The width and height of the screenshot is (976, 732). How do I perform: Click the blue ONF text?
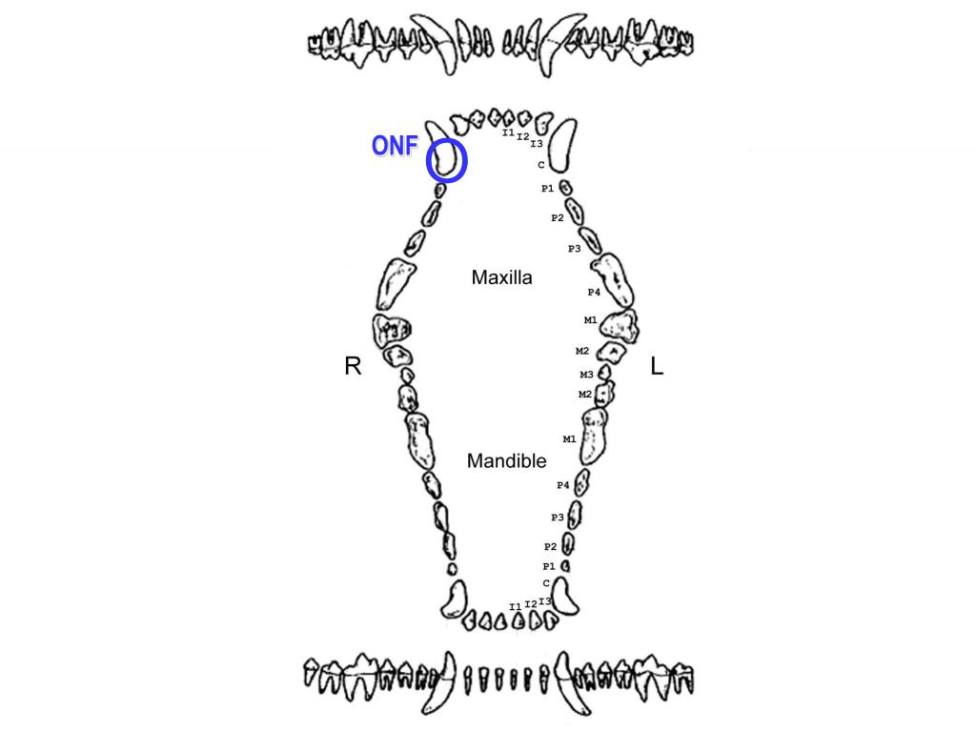click(395, 146)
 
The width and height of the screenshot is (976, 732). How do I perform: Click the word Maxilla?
click(501, 278)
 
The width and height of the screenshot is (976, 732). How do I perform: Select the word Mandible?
click(506, 461)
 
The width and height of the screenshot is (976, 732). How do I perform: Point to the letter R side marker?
click(353, 366)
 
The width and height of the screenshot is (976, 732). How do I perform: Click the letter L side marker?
click(657, 366)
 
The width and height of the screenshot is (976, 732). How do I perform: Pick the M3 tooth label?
click(586, 375)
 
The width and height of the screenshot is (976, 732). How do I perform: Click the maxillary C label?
click(541, 165)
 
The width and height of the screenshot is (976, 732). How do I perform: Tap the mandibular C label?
click(546, 582)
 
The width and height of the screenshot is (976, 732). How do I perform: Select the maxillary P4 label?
click(594, 292)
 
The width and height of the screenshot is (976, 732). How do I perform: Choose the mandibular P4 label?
click(563, 485)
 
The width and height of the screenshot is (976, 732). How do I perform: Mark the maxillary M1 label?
click(590, 320)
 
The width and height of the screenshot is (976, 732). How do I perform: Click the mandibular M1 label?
click(569, 439)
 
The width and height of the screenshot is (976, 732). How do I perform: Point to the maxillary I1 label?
click(508, 132)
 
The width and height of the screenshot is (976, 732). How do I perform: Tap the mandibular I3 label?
click(544, 601)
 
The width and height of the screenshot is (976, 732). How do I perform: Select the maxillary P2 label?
click(557, 218)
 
